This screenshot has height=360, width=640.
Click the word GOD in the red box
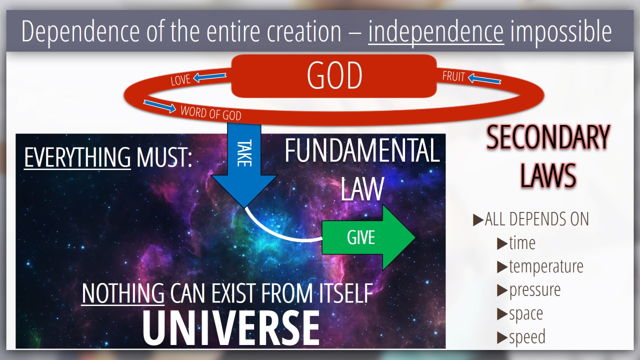pos(334,75)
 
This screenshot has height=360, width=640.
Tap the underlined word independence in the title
pos(436,31)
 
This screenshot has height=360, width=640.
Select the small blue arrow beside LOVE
pos(209,77)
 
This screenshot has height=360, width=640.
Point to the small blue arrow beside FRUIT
pos(484,79)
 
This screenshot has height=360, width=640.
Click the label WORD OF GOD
pos(211,113)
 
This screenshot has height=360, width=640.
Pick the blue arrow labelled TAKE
pos(244,165)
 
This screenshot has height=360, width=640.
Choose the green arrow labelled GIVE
pos(368,237)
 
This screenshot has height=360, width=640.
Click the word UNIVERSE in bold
pos(231,328)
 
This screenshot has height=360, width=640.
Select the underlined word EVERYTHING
pos(77,157)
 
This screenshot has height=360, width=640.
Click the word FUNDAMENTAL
pos(362,150)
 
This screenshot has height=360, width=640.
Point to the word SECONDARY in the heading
pos(548,137)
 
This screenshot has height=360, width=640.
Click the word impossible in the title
pos(561,31)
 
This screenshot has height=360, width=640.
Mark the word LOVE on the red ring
pos(180,80)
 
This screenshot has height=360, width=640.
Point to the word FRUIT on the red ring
pos(453,76)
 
